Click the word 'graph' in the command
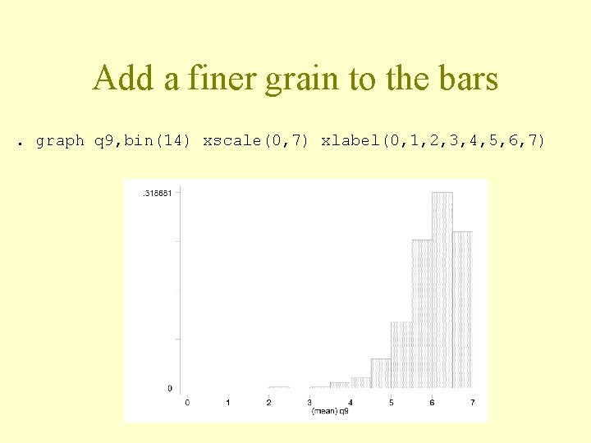(60, 140)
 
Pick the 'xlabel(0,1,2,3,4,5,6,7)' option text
(433, 140)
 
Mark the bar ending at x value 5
(381, 373)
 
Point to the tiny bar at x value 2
(279, 386)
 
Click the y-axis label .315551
(157, 193)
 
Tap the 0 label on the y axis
(170, 388)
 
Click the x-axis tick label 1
(227, 402)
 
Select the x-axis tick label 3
(309, 402)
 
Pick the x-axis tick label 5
(391, 402)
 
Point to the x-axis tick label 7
(472, 402)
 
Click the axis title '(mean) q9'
(330, 411)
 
